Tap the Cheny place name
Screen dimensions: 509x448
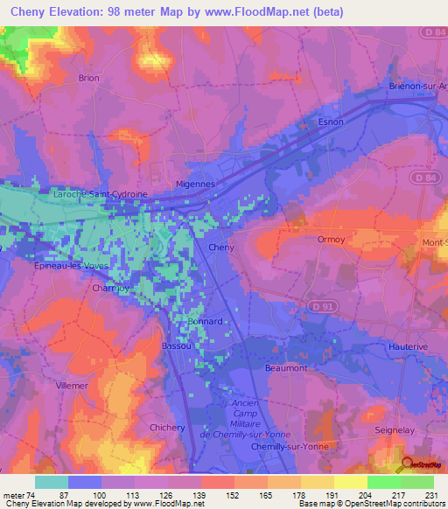point(221,248)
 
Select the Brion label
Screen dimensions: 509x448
point(89,78)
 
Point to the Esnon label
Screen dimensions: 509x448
point(332,122)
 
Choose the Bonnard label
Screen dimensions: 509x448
point(205,321)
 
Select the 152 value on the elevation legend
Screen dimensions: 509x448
point(216,496)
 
